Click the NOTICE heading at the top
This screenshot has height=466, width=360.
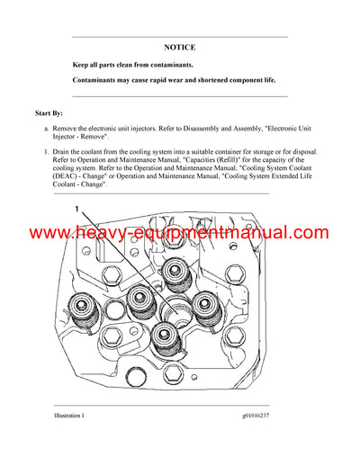(x=179, y=46)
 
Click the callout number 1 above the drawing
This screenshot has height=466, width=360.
(x=76, y=208)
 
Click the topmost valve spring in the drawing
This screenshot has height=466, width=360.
(x=177, y=268)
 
